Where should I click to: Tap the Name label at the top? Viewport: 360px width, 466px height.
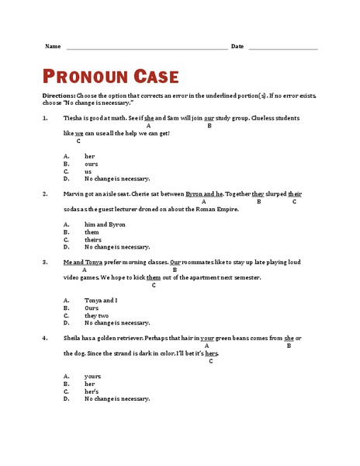coord(53,47)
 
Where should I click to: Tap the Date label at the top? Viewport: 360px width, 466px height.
coord(237,47)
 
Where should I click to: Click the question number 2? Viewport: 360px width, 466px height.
coord(44,193)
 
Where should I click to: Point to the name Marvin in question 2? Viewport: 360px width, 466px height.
coord(74,193)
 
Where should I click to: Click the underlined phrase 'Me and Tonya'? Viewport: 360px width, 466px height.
coord(81,262)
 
